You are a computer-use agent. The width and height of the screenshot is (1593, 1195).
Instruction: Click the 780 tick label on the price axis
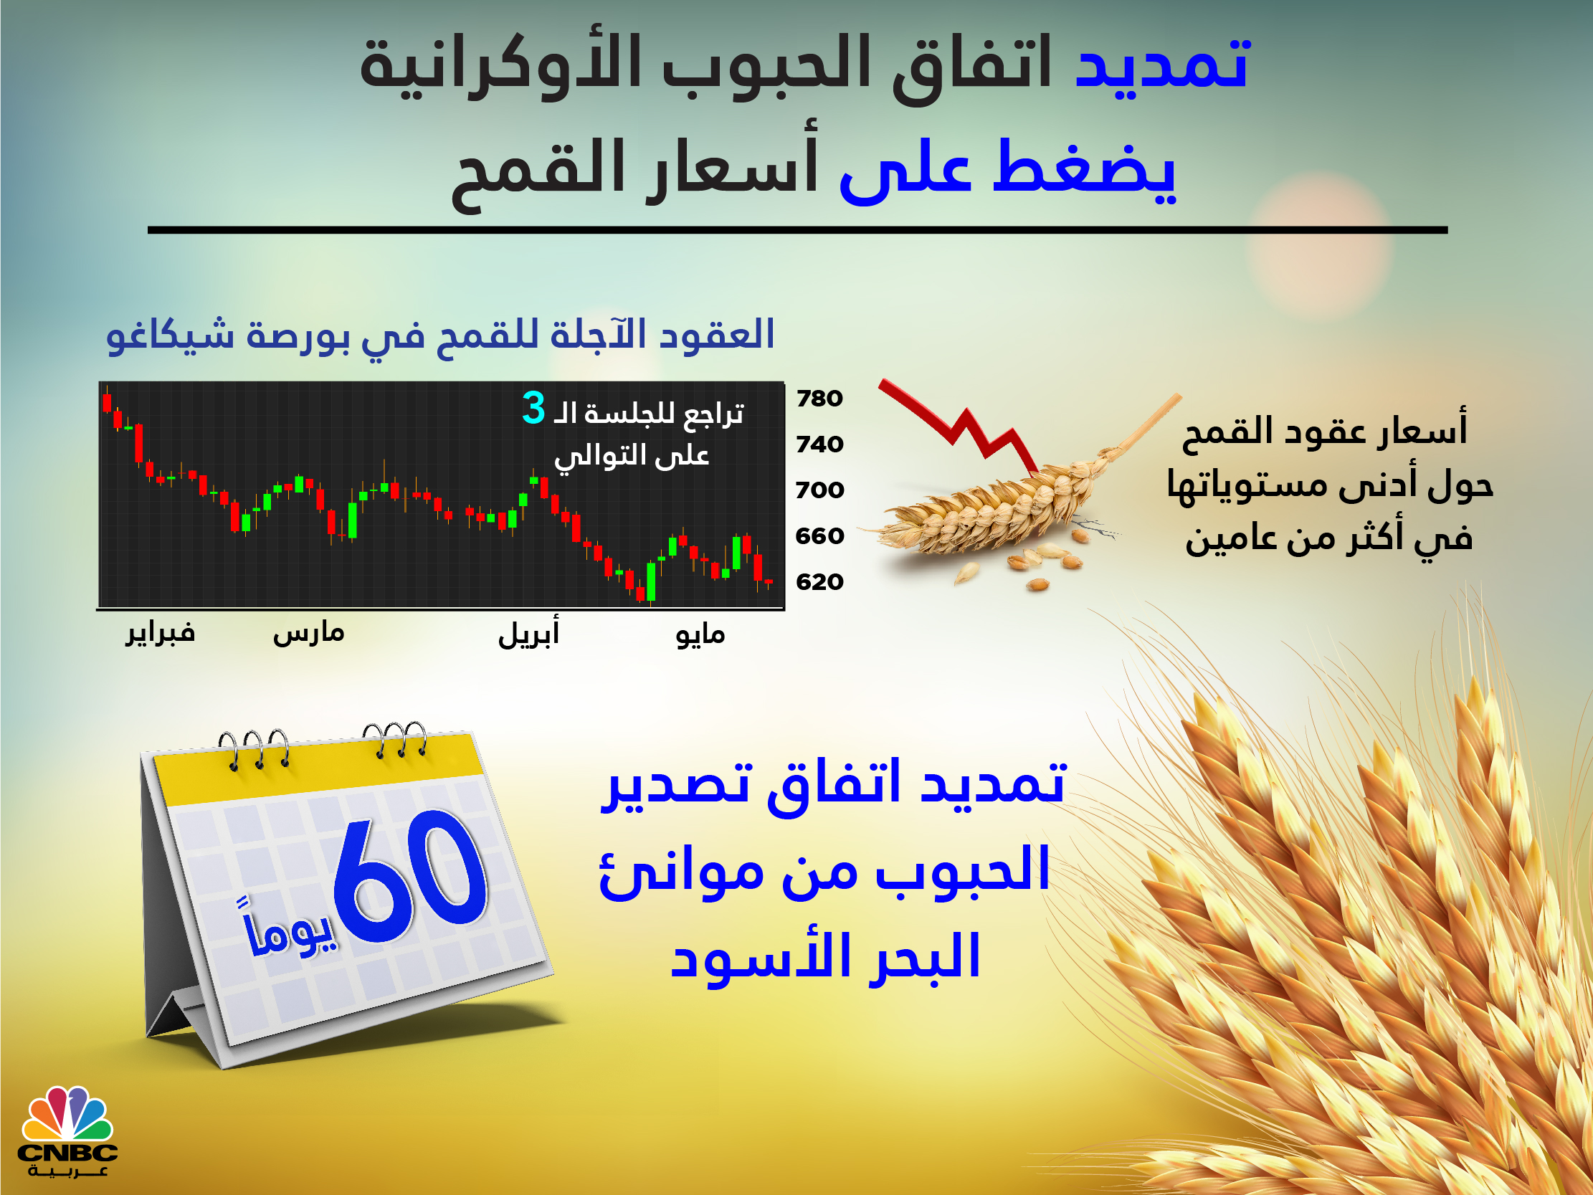click(819, 399)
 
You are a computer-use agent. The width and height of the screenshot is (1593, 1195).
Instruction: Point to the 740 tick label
click(819, 444)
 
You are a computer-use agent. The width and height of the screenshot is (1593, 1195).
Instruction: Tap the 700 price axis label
click(819, 490)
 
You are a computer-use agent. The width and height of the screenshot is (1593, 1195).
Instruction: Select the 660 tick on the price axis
click(819, 536)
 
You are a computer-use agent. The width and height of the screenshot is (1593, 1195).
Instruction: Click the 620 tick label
click(819, 582)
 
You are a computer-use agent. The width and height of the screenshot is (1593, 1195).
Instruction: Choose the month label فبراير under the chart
click(160, 633)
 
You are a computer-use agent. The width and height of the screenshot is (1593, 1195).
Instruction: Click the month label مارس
click(308, 633)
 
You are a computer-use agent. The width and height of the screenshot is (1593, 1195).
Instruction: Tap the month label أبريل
click(528, 633)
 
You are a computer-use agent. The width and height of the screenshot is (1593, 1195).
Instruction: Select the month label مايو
click(700, 634)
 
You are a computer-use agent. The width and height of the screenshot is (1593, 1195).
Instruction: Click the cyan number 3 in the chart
click(533, 407)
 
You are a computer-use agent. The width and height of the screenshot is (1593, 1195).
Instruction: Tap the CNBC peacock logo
click(67, 1132)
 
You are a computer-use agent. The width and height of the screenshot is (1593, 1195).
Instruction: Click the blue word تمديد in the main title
click(1161, 63)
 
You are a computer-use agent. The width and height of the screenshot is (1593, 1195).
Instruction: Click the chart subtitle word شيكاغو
click(171, 335)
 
